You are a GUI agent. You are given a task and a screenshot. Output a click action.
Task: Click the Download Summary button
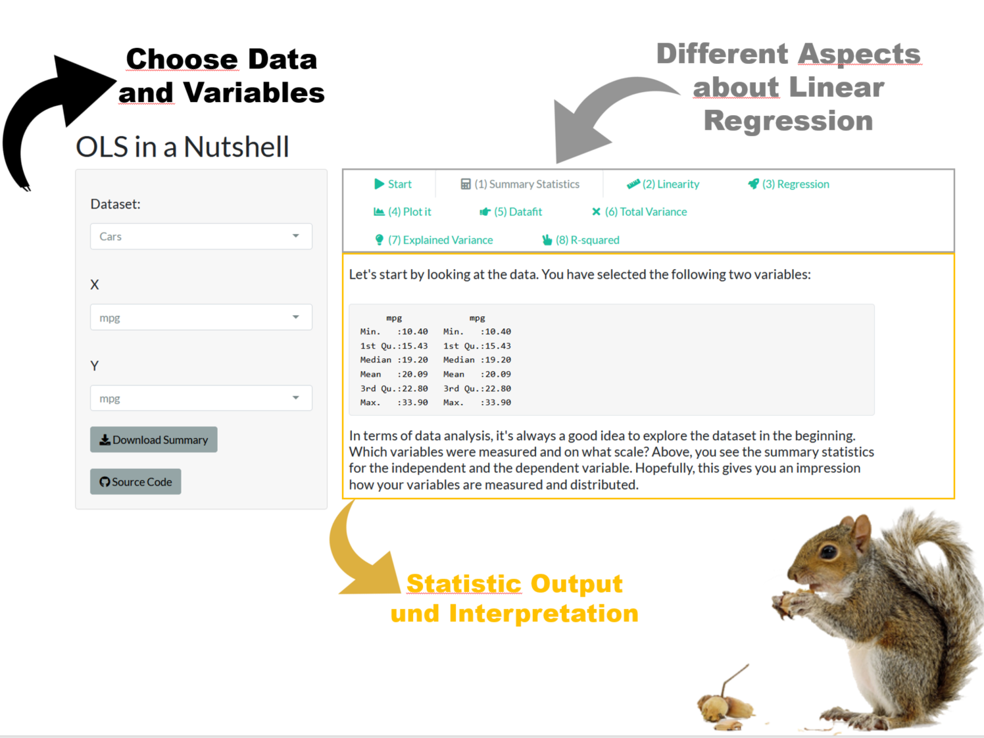pyautogui.click(x=154, y=439)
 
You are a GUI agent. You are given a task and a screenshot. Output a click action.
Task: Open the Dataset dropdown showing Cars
pyautogui.click(x=201, y=236)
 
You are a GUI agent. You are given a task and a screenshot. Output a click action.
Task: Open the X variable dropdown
pyautogui.click(x=201, y=317)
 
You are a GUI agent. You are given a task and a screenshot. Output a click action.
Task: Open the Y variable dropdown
pyautogui.click(x=201, y=398)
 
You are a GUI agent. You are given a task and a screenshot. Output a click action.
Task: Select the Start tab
pyautogui.click(x=393, y=184)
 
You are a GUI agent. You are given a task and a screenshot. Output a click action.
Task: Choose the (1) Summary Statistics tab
pyautogui.click(x=520, y=184)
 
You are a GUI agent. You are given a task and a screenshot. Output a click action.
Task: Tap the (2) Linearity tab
pyautogui.click(x=663, y=184)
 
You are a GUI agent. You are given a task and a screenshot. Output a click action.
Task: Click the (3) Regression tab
pyautogui.click(x=789, y=184)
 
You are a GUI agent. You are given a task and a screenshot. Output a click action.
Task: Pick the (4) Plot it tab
pyautogui.click(x=402, y=212)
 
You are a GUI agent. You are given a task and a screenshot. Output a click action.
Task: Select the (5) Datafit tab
pyautogui.click(x=510, y=212)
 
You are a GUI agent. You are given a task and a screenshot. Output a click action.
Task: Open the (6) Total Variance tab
pyautogui.click(x=639, y=212)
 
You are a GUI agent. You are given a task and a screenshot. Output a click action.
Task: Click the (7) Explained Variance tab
pyautogui.click(x=433, y=240)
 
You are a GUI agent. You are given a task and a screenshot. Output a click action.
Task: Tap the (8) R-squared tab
pyautogui.click(x=581, y=240)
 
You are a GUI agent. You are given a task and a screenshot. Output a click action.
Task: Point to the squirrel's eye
pyautogui.click(x=829, y=551)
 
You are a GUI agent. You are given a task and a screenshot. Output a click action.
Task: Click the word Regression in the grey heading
pyautogui.click(x=789, y=120)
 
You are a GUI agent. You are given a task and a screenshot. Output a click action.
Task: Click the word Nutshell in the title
pyautogui.click(x=236, y=147)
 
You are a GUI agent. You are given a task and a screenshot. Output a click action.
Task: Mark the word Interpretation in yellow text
pyautogui.click(x=544, y=613)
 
